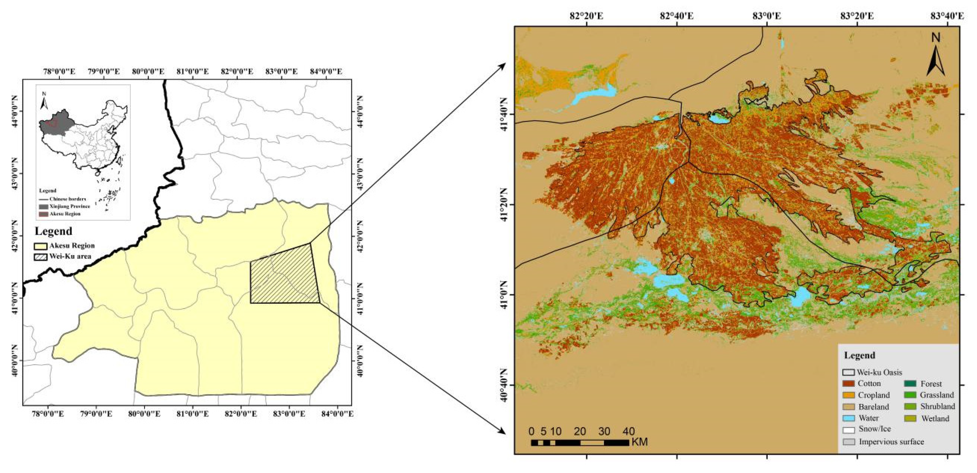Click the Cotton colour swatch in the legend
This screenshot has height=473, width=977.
click(848, 384)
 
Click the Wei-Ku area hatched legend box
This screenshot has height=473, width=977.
click(41, 256)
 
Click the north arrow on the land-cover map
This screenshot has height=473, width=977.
click(936, 57)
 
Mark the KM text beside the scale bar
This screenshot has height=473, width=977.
click(640, 442)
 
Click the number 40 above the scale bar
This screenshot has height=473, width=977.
click(629, 431)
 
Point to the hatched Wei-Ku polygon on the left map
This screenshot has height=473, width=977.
click(285, 277)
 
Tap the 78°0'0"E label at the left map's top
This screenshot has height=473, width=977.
click(59, 71)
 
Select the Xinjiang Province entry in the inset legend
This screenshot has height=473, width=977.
click(69, 206)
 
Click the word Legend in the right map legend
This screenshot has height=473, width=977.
click(859, 355)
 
